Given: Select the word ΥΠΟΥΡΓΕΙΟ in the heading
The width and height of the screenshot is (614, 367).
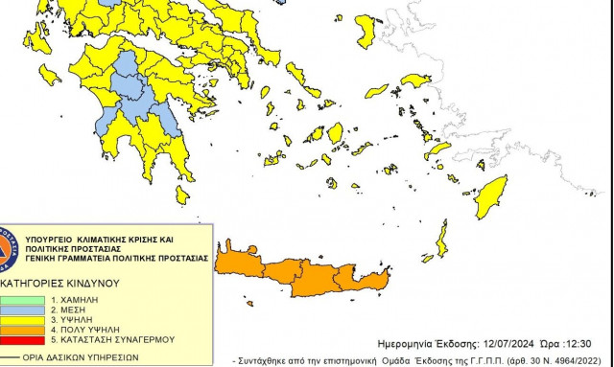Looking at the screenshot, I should click(48, 236).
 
